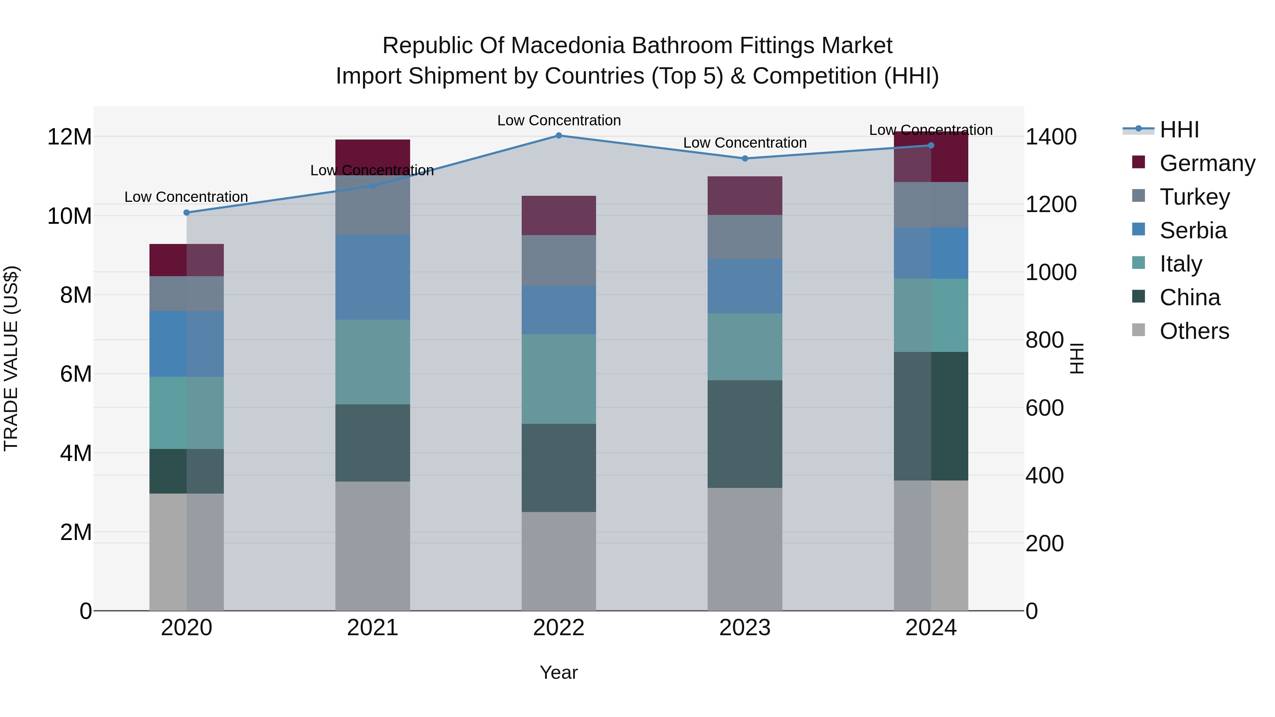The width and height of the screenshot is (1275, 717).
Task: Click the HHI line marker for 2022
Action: pyautogui.click(x=559, y=135)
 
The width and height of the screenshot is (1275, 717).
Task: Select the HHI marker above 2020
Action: pyautogui.click(x=187, y=212)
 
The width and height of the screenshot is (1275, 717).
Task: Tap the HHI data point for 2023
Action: pyautogui.click(x=745, y=158)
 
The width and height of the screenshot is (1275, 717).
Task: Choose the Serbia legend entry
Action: pyautogui.click(x=1193, y=231)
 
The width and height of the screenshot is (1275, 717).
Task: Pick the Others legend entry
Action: pyautogui.click(x=1194, y=331)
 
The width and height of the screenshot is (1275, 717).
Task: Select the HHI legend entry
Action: pyautogui.click(x=1179, y=130)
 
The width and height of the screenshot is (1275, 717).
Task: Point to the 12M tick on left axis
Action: pyautogui.click(x=69, y=137)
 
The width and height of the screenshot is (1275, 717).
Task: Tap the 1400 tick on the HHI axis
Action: pyautogui.click(x=1051, y=137)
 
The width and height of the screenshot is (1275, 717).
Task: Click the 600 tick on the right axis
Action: pyautogui.click(x=1044, y=408)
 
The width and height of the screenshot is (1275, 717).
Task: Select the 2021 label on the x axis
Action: pyautogui.click(x=373, y=628)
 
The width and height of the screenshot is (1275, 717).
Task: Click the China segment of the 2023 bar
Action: pyautogui.click(x=745, y=434)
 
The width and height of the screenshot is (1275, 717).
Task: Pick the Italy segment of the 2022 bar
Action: pyautogui.click(x=559, y=379)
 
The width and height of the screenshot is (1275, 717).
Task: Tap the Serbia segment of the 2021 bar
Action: pyautogui.click(x=373, y=277)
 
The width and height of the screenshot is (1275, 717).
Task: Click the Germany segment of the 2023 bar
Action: pyautogui.click(x=745, y=195)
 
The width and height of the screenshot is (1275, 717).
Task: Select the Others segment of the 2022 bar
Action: pyautogui.click(x=559, y=561)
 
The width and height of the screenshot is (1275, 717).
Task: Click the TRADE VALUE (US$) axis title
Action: pyautogui.click(x=11, y=358)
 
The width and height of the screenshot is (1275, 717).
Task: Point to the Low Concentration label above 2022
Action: pyautogui.click(x=559, y=120)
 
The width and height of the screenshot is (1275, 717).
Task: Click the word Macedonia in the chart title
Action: pyautogui.click(x=570, y=46)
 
